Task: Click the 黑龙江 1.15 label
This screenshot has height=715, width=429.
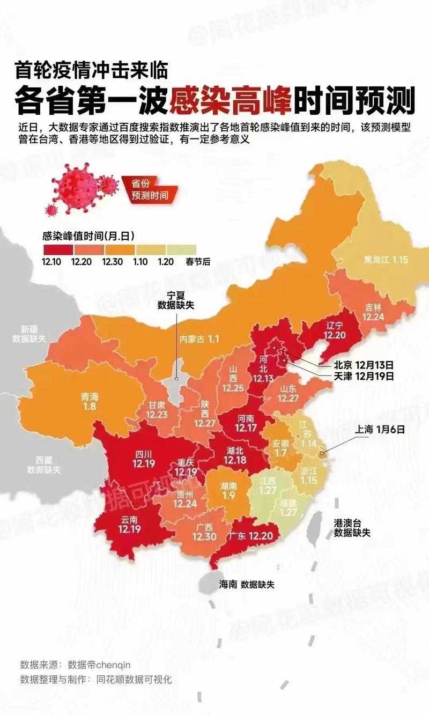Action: pyautogui.click(x=386, y=260)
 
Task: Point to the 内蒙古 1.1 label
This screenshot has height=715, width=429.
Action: pyautogui.click(x=199, y=339)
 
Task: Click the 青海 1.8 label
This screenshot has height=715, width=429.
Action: pyautogui.click(x=89, y=402)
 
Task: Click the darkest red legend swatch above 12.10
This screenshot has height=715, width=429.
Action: pyautogui.click(x=57, y=249)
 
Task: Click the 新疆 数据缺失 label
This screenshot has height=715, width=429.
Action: pyautogui.click(x=30, y=334)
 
